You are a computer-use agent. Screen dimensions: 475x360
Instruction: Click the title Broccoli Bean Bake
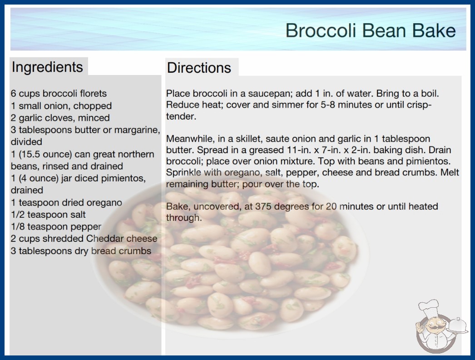pyautogui.click(x=371, y=30)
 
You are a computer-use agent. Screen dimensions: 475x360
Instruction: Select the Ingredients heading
pyautogui.click(x=47, y=67)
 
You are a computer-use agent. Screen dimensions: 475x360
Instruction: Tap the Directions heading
pyautogui.click(x=199, y=68)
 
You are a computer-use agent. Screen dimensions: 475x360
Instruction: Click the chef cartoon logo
pyautogui.click(x=441, y=326)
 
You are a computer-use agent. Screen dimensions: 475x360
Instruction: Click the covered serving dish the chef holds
pyautogui.click(x=457, y=326)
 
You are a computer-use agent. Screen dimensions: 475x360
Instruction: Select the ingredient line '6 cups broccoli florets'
pyautogui.click(x=59, y=94)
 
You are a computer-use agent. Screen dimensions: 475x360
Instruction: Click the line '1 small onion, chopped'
pyautogui.click(x=61, y=105)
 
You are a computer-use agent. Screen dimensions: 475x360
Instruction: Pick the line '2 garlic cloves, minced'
pyautogui.click(x=60, y=118)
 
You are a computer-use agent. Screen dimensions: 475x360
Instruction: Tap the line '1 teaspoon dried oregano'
pyautogui.click(x=66, y=202)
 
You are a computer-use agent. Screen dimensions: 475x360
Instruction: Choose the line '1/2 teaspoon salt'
pyautogui.click(x=48, y=215)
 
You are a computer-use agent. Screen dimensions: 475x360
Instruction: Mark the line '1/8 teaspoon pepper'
pyautogui.click(x=56, y=226)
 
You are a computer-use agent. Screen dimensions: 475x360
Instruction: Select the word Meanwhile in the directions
pyautogui.click(x=190, y=139)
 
